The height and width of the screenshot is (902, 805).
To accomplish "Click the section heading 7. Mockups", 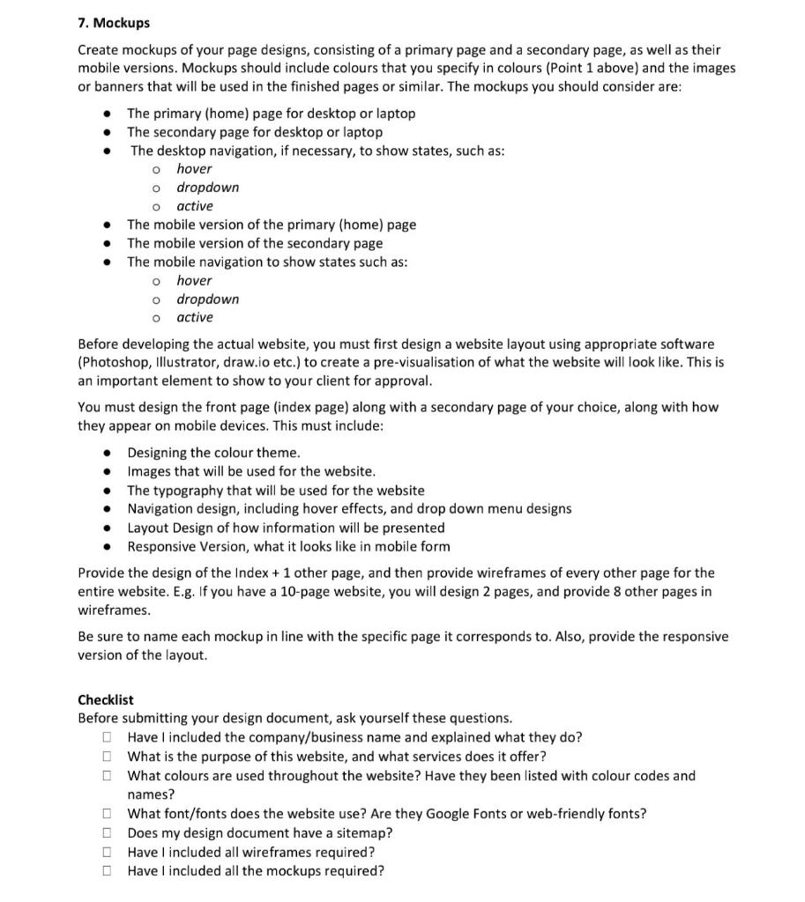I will (x=113, y=22).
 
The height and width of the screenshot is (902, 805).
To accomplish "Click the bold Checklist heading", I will (x=106, y=699).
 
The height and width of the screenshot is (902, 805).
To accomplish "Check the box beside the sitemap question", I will (x=107, y=833).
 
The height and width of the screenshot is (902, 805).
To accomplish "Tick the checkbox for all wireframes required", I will (x=107, y=853).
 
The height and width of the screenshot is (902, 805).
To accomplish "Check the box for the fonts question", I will (x=107, y=814).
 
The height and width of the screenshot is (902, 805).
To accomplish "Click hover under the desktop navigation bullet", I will (x=194, y=169).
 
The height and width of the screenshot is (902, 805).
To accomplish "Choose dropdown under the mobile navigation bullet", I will (x=207, y=299).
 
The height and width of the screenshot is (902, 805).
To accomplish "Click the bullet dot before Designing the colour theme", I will (x=107, y=453).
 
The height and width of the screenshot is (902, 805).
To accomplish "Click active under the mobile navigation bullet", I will (x=195, y=318).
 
